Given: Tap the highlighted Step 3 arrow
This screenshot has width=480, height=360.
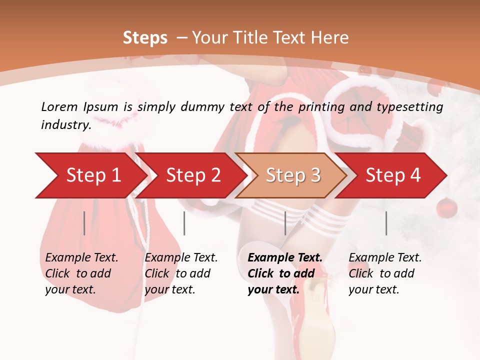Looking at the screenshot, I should [x=293, y=175].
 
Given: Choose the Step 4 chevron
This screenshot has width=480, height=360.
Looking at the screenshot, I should [x=393, y=175].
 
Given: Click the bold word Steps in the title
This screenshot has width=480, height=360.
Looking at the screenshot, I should [x=145, y=38].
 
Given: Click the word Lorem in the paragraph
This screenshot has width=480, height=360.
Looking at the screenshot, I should [x=59, y=106].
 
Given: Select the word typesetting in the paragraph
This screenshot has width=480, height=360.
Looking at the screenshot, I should [x=413, y=106].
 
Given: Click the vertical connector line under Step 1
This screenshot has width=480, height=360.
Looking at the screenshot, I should [x=84, y=223].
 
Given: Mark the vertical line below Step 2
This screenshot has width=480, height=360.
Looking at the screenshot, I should [x=184, y=223].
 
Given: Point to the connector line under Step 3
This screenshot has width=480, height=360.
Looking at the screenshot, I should [x=285, y=223].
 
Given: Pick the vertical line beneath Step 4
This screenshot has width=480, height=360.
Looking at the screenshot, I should [x=386, y=223].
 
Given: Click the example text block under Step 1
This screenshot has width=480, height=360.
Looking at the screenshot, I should [x=81, y=273].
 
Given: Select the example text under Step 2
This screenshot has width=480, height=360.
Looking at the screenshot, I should [x=181, y=273].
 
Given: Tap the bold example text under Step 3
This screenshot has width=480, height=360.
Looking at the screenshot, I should [x=285, y=273].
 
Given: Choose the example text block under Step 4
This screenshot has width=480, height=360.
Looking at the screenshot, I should [x=385, y=273].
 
